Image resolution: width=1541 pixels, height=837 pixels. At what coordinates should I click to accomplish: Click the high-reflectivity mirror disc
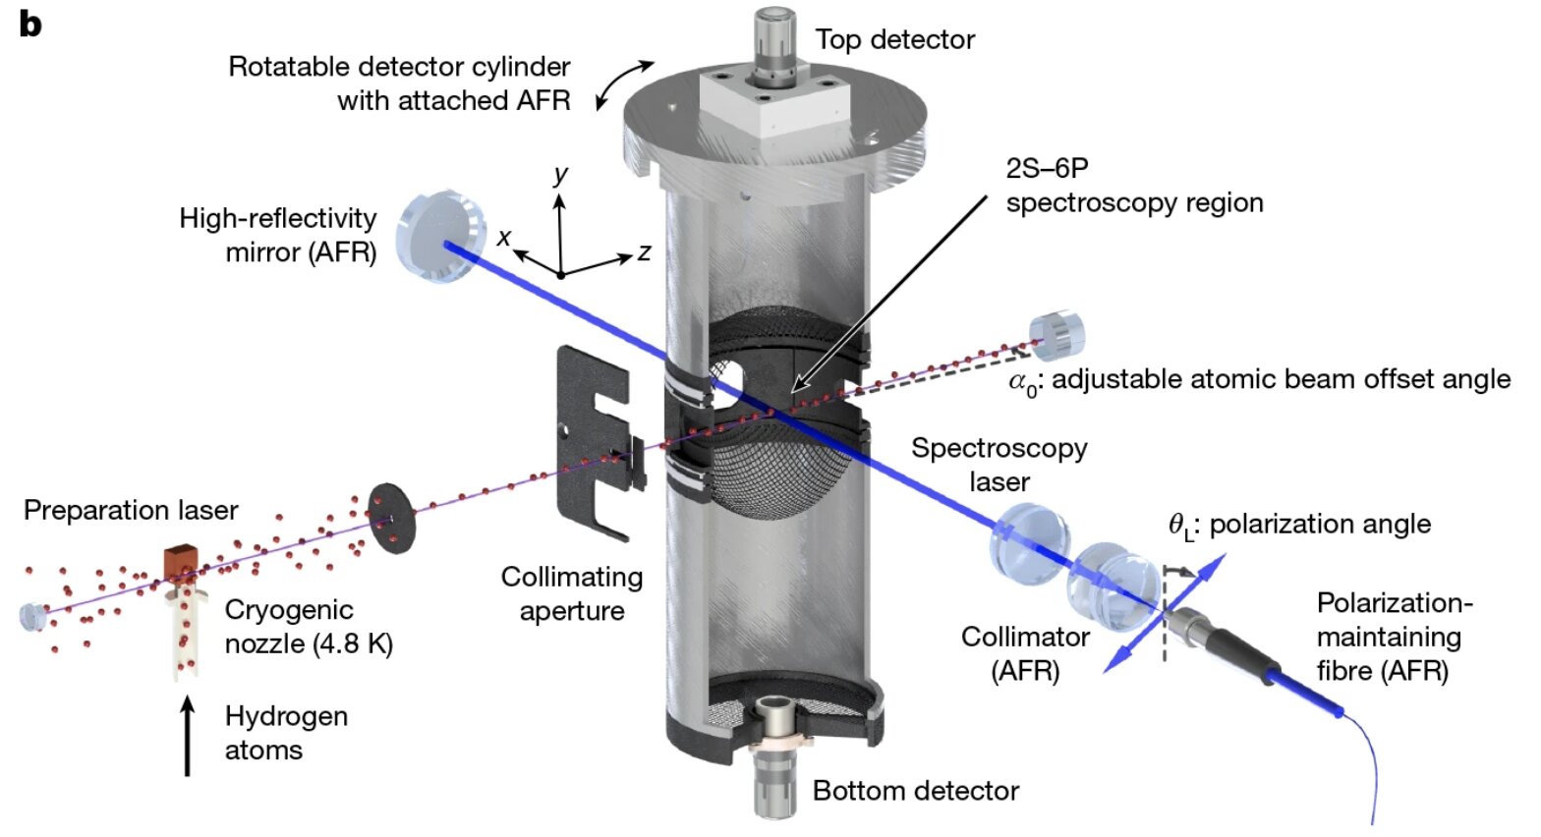click(439, 236)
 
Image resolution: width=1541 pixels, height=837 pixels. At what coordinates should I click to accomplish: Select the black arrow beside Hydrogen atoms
click(187, 736)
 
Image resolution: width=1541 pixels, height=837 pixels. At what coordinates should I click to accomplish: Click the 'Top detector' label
click(894, 39)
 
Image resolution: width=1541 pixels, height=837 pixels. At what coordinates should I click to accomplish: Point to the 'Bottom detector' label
click(915, 791)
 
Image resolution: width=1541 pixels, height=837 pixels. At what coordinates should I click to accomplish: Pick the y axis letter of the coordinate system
click(560, 175)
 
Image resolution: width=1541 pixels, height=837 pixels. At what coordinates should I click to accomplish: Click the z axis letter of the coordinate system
click(644, 252)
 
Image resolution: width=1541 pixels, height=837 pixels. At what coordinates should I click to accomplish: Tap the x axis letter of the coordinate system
click(504, 237)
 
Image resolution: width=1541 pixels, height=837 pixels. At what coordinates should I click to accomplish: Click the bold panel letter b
click(30, 24)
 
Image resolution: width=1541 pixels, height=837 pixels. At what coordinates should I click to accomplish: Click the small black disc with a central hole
click(391, 518)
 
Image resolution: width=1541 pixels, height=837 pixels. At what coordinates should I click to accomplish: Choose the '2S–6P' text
click(1047, 168)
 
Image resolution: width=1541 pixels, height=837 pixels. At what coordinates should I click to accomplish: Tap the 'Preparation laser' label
click(131, 511)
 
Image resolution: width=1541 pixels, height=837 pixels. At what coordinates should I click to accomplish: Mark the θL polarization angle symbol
click(1180, 527)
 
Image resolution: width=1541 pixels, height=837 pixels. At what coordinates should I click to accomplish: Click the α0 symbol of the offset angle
click(1023, 381)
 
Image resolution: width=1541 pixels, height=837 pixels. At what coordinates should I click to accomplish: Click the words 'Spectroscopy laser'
click(999, 465)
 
